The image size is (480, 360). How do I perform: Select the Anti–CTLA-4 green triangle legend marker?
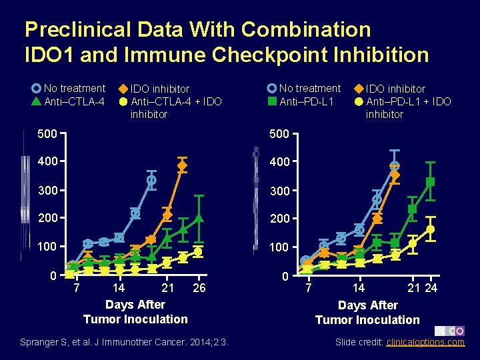(36, 101)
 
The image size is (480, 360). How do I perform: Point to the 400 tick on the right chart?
(279, 162)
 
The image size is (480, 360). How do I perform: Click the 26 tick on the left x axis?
(199, 288)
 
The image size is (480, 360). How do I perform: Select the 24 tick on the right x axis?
(431, 288)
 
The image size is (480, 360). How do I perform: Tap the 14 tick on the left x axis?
(117, 288)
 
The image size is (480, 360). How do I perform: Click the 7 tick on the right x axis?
(308, 289)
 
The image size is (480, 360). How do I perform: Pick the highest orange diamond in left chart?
(182, 165)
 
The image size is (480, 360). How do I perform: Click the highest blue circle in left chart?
(151, 180)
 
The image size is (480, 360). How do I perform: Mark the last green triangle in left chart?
(199, 218)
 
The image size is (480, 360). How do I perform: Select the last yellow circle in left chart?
(198, 252)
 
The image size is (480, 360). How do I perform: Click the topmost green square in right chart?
(431, 181)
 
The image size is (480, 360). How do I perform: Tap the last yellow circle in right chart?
(431, 229)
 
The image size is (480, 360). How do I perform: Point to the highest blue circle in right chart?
(395, 166)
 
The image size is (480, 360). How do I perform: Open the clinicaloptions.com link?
(425, 342)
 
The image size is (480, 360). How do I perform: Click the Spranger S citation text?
(124, 342)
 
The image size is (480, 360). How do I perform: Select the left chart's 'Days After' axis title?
(135, 305)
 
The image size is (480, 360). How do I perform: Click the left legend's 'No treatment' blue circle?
(36, 88)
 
